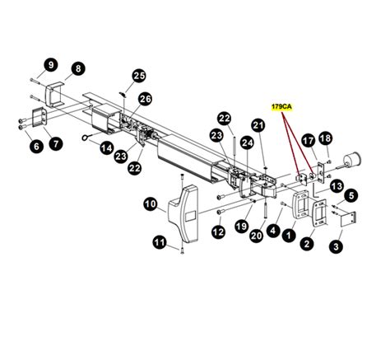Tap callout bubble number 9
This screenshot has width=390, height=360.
50,64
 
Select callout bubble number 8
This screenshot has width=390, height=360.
77,68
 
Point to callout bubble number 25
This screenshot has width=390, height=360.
138,76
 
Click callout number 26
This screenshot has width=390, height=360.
146,99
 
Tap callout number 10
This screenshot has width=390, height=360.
150,203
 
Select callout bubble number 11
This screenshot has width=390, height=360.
160,241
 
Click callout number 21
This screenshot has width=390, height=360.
258,125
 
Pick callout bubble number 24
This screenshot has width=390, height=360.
247,143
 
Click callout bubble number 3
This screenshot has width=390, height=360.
337,245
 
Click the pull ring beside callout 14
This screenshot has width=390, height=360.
88,139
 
